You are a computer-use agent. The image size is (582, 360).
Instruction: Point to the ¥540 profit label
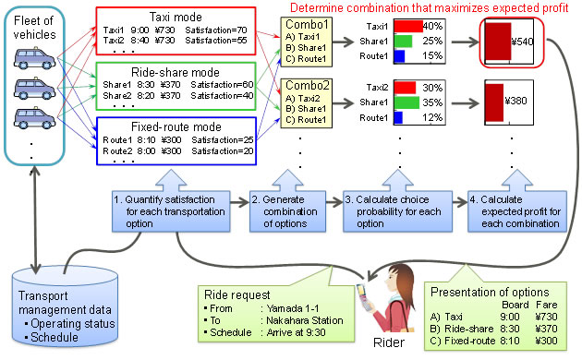click(523, 42)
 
